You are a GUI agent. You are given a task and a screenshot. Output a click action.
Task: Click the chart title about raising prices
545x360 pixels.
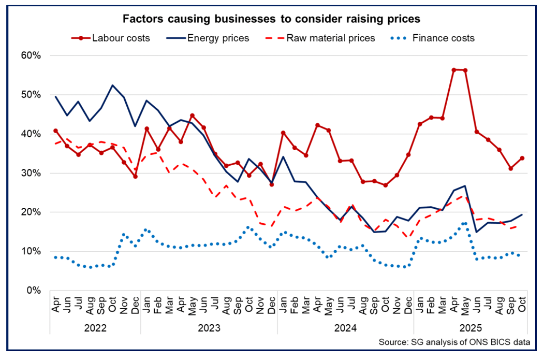(x=272, y=19)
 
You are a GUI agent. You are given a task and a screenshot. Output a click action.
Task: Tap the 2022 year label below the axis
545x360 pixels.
(x=95, y=327)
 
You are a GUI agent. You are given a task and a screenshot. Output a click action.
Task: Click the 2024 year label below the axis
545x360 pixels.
(x=346, y=327)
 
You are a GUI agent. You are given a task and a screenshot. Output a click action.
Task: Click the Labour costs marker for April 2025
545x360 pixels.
(x=453, y=69)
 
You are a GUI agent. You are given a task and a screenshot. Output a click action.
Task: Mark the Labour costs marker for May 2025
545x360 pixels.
(x=465, y=70)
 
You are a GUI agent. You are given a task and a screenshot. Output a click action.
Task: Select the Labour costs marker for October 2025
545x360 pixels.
(x=522, y=158)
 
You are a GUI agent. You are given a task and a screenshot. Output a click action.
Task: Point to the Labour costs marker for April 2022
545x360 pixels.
(x=55, y=131)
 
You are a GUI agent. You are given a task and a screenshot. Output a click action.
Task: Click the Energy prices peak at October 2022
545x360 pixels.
(x=112, y=85)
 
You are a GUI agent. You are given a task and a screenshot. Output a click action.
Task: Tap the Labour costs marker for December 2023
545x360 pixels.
(x=271, y=184)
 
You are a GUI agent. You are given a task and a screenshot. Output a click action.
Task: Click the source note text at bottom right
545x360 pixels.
(x=453, y=343)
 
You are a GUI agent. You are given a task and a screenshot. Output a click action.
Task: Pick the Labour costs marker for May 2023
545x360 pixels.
(x=192, y=115)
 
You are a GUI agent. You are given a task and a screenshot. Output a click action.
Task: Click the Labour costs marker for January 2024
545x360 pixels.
(x=283, y=133)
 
